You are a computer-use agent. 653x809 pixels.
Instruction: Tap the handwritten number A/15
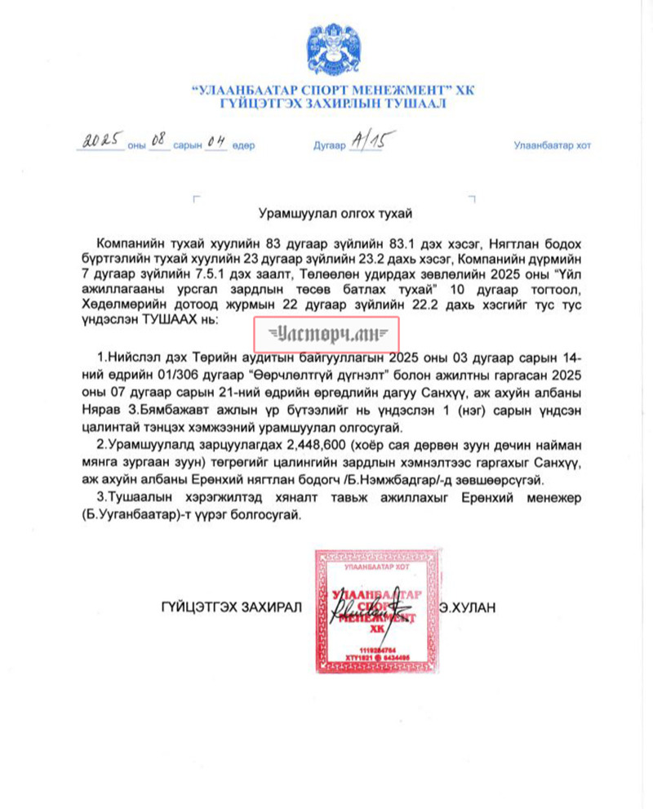[x=366, y=141]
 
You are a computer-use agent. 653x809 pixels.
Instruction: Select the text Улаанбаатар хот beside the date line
[x=552, y=146]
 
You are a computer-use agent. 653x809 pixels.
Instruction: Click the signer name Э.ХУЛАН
[x=467, y=607]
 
